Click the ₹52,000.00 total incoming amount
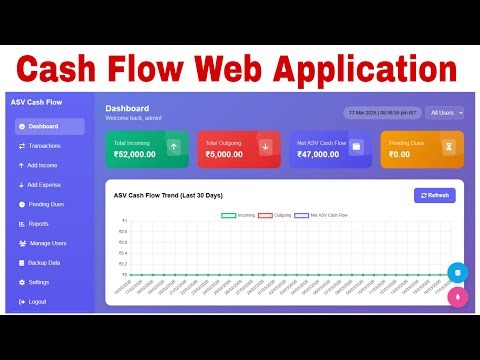point(135,155)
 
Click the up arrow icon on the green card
point(173,148)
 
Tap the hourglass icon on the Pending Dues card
point(449,148)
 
